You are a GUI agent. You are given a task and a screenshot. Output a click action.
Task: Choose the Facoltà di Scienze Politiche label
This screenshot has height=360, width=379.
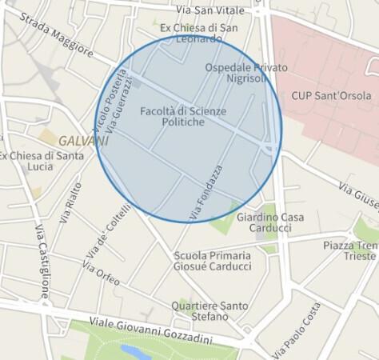183,116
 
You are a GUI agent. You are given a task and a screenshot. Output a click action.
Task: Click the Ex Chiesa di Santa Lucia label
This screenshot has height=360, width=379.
41,161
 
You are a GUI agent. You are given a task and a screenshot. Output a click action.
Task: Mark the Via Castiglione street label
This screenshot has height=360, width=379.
42,260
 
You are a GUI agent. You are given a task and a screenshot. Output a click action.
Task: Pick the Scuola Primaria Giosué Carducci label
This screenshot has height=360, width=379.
212,261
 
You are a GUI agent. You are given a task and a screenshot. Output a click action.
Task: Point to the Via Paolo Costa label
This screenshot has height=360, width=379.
297,329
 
